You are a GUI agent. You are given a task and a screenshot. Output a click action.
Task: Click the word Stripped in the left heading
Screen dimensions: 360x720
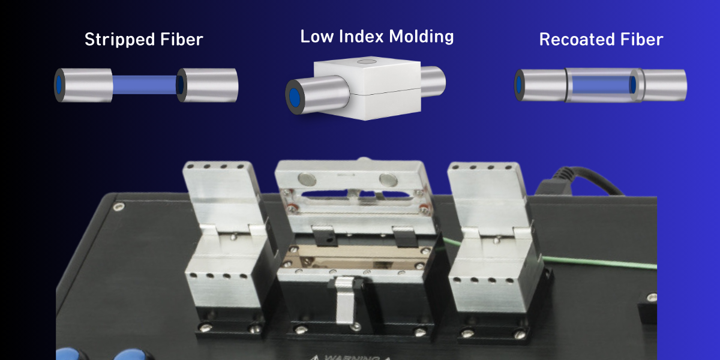click(115, 40)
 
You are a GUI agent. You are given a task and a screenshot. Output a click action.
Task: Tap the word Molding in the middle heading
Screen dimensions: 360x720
click(421, 37)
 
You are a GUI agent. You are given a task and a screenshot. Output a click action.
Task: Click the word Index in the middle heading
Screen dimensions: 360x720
click(361, 37)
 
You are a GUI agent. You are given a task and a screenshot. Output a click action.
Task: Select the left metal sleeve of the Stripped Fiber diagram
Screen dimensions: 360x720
click(84, 85)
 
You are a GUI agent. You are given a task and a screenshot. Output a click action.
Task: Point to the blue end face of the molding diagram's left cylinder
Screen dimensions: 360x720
click(295, 98)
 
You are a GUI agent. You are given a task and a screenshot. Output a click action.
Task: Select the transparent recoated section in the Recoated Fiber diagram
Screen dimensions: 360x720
click(600, 85)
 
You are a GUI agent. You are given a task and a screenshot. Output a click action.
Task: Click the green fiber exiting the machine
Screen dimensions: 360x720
click(600, 262)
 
